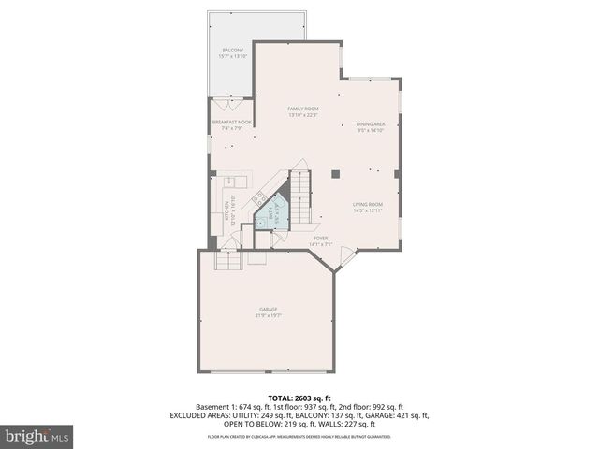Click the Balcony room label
coord(232,52)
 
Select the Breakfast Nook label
coord(232,125)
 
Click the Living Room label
coord(368,207)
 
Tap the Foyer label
coord(321,241)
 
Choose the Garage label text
coord(268,312)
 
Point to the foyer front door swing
coord(346,254)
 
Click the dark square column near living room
coord(335,173)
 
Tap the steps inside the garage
coord(230,261)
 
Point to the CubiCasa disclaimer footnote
coord(299,437)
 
